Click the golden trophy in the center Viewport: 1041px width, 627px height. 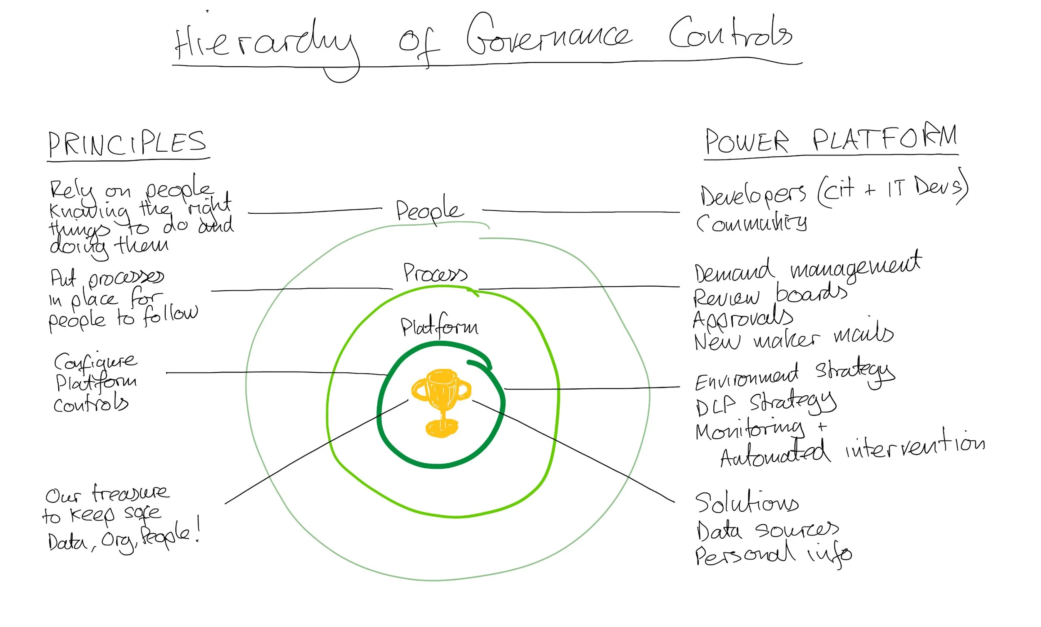441,401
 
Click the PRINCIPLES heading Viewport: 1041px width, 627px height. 127,144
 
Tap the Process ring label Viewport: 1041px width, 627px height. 435,273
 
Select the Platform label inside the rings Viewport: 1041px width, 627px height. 439,327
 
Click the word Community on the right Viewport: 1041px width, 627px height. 751,222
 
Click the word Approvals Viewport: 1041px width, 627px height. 743,319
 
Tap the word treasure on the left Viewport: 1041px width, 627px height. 131,492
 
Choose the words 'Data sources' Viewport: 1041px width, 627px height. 767,530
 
